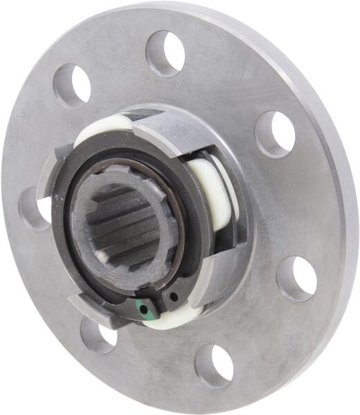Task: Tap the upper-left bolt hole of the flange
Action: pyautogui.click(x=72, y=85)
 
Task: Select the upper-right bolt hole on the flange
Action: pyautogui.click(x=275, y=133)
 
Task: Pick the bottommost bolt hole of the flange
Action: pyautogui.click(x=213, y=365)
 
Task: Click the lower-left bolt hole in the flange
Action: pyautogui.click(x=97, y=335)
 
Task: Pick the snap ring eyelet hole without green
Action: pyautogui.click(x=173, y=297)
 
